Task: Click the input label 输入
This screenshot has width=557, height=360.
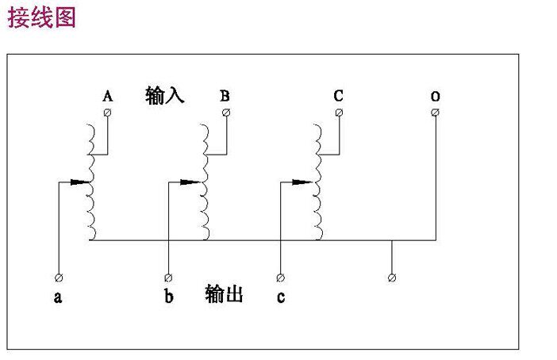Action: pos(165,96)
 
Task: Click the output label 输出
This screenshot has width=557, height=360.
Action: pos(224,294)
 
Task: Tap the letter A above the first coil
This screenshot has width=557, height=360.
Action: pos(108,96)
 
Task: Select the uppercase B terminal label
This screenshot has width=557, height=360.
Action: pos(225,96)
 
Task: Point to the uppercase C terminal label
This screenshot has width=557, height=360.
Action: pos(339,96)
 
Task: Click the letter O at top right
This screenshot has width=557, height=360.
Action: pos(436,96)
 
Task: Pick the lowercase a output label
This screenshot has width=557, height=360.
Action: pos(58,297)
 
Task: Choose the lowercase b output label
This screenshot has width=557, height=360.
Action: pos(168,297)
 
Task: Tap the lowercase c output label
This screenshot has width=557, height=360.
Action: pos(281,297)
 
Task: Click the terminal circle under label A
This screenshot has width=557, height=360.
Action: pos(108,113)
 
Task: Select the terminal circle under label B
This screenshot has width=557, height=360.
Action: pos(226,113)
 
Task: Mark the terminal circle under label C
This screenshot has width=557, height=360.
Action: pos(339,113)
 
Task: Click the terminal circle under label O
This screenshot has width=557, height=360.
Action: pos(436,113)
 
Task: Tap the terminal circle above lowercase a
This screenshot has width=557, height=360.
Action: pos(58,278)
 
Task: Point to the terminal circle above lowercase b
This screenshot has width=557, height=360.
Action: pos(168,278)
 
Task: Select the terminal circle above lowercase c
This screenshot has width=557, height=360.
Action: pos(280,278)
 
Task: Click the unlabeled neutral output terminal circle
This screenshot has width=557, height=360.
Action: pos(392,278)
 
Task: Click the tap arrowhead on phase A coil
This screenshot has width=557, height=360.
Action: pos(84,182)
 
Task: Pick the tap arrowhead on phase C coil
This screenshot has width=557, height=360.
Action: pos(308,182)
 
